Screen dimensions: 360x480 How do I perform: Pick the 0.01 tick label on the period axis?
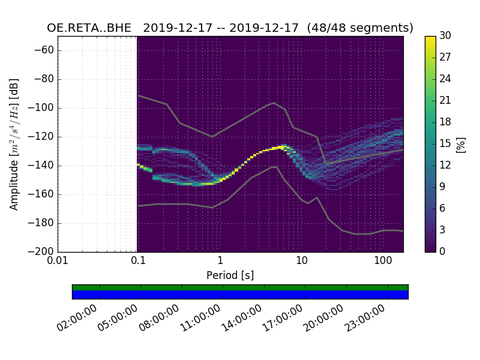point(58,261)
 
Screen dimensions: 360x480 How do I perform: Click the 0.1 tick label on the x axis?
point(138,261)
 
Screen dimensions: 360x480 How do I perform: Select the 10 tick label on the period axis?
point(301,261)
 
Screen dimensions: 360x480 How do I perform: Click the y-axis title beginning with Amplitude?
point(14,144)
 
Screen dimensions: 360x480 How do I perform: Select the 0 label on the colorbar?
point(442,251)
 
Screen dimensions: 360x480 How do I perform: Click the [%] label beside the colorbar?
point(461,144)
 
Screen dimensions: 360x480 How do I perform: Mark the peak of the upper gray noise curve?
point(274,103)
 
